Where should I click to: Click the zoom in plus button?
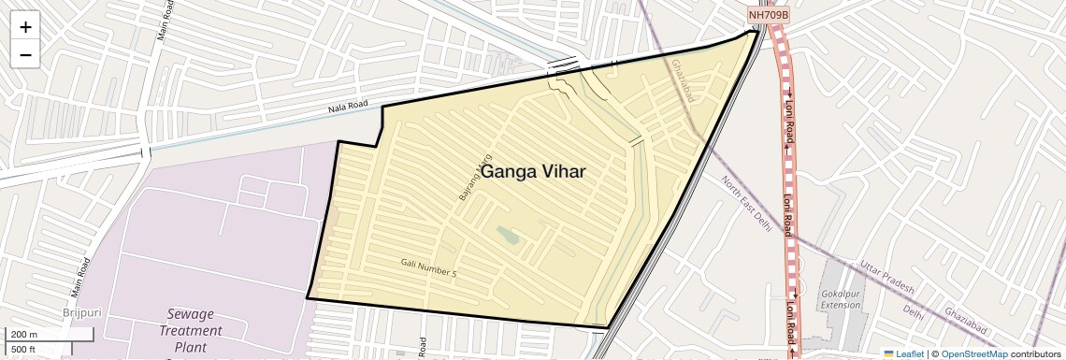(x=25, y=27)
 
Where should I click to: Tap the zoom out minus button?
(x=25, y=54)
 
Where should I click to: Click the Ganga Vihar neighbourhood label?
(x=533, y=172)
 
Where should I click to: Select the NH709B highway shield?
(x=770, y=15)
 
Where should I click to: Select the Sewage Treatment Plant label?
(x=190, y=330)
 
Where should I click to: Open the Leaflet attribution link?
(x=902, y=353)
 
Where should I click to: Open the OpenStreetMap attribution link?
(x=973, y=353)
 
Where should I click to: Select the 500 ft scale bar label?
(x=24, y=349)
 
